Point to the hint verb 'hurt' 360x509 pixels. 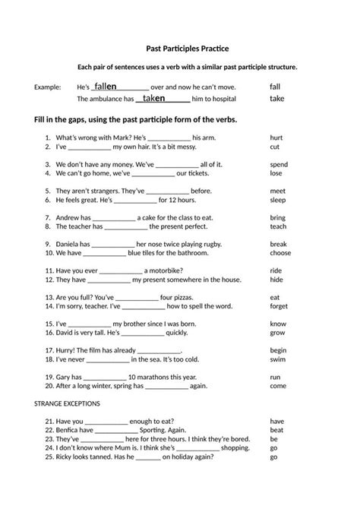click(x=276, y=138)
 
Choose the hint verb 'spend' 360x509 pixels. click(x=279, y=164)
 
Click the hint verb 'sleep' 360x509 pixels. click(x=278, y=200)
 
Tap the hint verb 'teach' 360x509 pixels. click(x=278, y=226)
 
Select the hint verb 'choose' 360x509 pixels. click(x=280, y=253)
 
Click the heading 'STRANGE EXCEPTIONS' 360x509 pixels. click(x=68, y=403)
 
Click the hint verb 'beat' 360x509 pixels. click(x=276, y=429)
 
